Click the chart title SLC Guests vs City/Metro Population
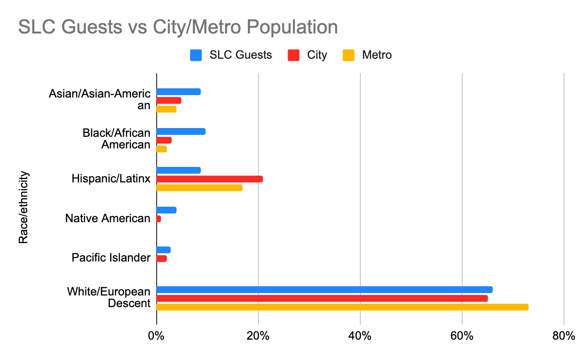tap(178, 27)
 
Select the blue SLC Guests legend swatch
tap(195, 55)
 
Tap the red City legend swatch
tap(293, 55)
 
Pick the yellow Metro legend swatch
tap(349, 55)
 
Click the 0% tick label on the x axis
tap(156, 336)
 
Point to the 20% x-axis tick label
tap(258, 336)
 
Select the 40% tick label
tap(360, 336)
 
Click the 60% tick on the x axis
tap(462, 336)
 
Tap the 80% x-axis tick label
tap(564, 336)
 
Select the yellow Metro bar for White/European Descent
tap(342, 307)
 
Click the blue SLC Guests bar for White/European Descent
tap(324, 290)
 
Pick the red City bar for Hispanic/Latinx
tap(210, 179)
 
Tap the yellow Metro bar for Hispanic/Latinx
tap(199, 188)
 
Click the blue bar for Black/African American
tap(181, 131)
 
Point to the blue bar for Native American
tap(166, 210)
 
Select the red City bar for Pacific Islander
tap(162, 259)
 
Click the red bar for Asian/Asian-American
tap(169, 100)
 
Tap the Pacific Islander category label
tap(111, 258)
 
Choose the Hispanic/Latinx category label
tap(111, 179)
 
